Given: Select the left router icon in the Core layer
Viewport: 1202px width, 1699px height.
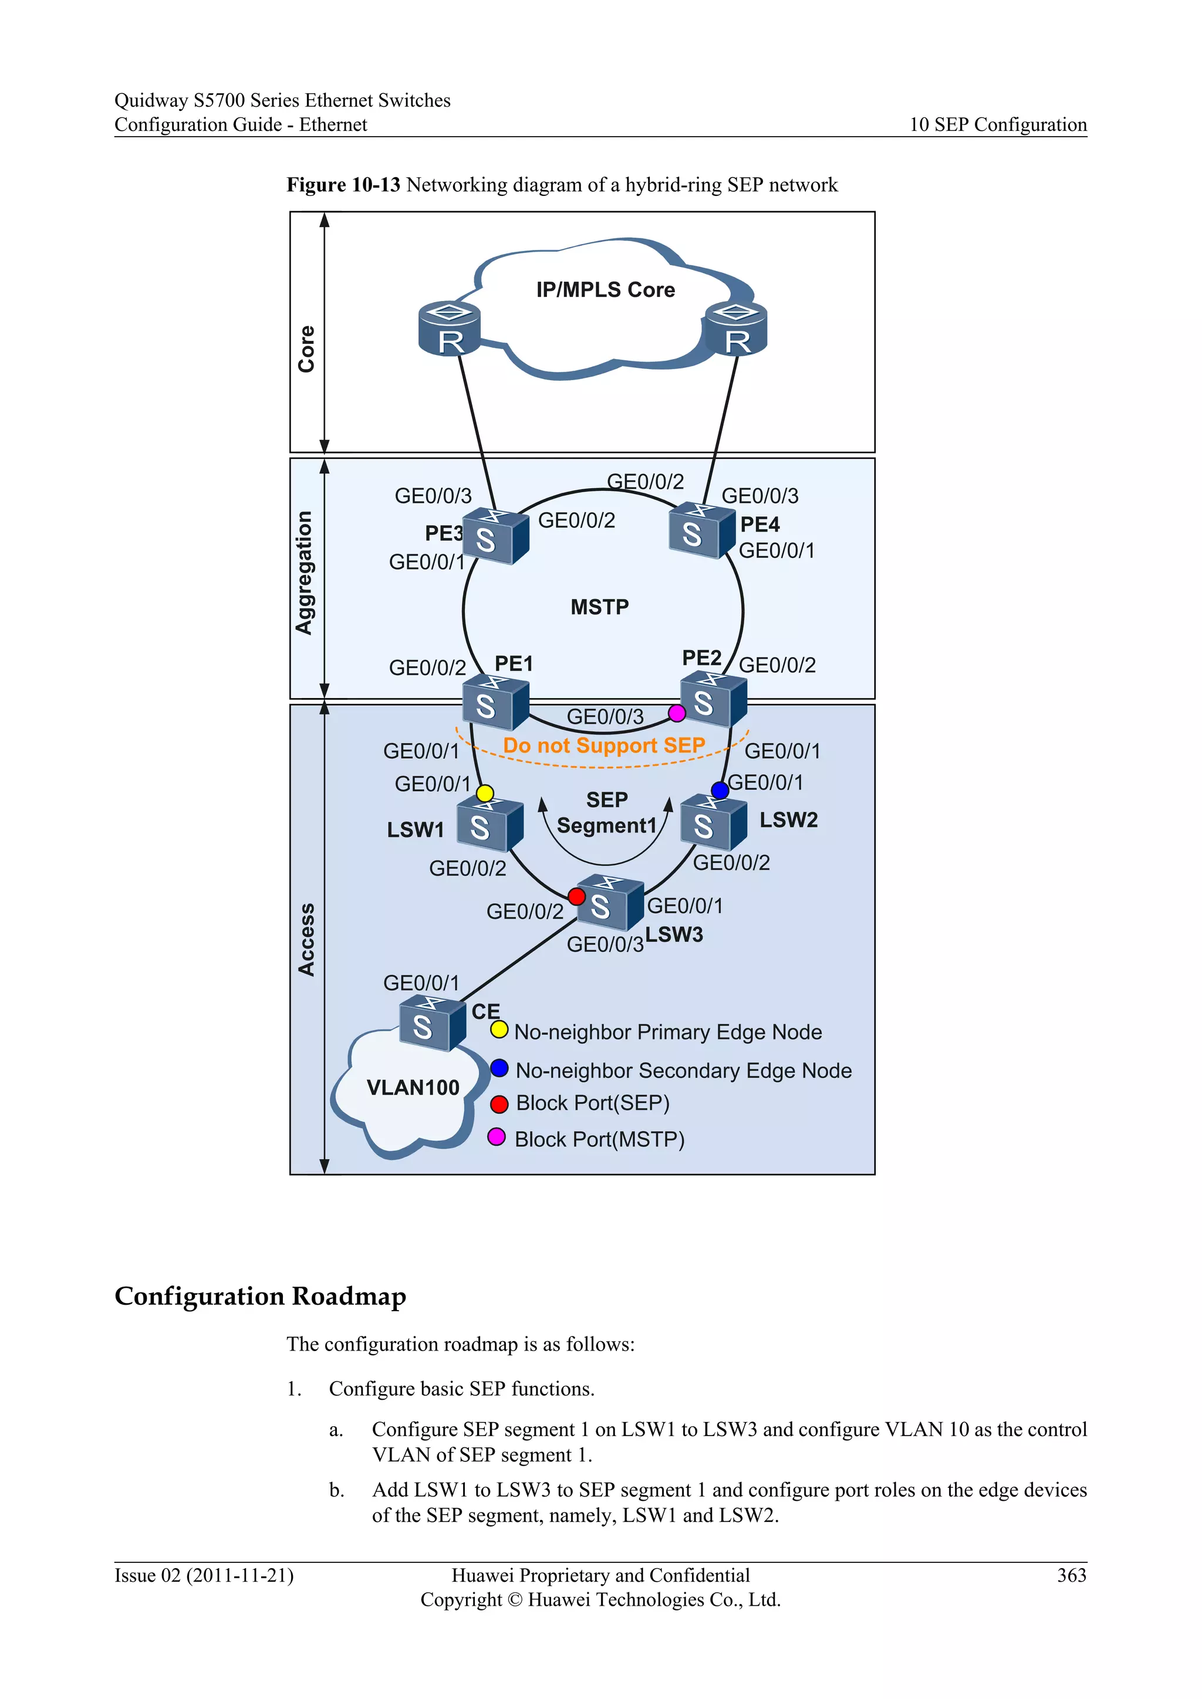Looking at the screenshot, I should click(449, 329).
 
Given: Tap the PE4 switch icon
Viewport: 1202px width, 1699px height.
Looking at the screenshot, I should click(700, 530).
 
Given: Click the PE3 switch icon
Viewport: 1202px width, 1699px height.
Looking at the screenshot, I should click(494, 536).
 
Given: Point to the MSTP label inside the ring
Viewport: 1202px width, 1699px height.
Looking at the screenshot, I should click(599, 607).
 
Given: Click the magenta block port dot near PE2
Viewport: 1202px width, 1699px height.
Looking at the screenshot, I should click(677, 713).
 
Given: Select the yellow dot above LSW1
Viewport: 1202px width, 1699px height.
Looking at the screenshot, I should click(485, 793).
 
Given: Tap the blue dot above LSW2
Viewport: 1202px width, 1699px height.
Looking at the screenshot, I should click(720, 790).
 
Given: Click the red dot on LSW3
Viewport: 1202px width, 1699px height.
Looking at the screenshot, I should click(576, 897).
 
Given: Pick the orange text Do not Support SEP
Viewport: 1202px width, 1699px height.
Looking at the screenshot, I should click(604, 745).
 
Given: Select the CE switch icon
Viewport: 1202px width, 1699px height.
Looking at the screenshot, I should click(431, 1023).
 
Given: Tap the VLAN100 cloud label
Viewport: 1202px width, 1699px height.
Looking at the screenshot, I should click(413, 1087).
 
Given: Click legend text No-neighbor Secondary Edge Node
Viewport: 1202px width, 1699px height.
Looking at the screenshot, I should click(683, 1071).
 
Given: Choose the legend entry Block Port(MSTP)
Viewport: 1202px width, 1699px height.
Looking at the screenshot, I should click(599, 1139).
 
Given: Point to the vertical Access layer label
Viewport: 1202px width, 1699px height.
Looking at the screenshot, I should click(306, 939).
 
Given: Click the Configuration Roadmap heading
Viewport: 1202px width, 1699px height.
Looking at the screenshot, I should click(261, 1296).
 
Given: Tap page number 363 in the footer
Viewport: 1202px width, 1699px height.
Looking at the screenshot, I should click(1071, 1575).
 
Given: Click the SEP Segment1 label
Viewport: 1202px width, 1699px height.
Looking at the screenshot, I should click(606, 813).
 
